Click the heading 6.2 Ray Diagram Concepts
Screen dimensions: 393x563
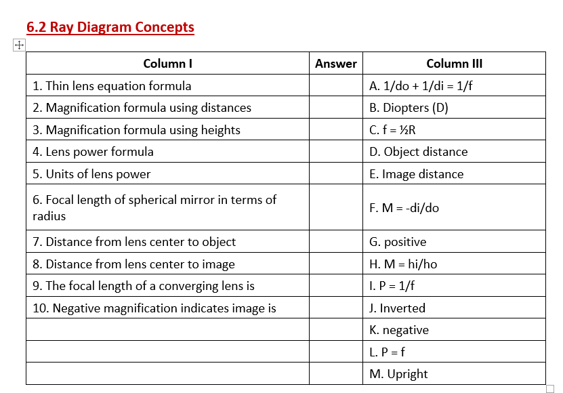110,27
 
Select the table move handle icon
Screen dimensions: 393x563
18,45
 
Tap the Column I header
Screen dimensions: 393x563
167,64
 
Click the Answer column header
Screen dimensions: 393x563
336,64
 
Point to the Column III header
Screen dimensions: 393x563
454,64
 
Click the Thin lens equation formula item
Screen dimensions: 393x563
112,86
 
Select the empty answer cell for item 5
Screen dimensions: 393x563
336,174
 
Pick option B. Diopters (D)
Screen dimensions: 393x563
409,108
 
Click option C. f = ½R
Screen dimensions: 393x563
392,130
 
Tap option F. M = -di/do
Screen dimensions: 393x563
404,208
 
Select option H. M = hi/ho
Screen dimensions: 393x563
403,264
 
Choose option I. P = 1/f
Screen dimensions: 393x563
392,286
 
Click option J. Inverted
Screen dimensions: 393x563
397,308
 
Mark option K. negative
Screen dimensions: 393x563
399,330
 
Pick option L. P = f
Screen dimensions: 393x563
388,352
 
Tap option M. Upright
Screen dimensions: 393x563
398,374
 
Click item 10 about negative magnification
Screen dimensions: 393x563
154,308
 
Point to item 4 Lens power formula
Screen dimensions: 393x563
93,152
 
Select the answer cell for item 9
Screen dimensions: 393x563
336,286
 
